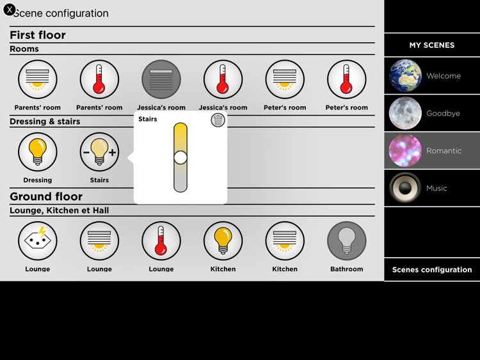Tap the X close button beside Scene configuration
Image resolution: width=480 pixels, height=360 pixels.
pos(10,10)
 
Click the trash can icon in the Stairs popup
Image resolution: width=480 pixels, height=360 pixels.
pos(218,120)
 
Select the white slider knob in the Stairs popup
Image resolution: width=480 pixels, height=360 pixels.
pos(180,157)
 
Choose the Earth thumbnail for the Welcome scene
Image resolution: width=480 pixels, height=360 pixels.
pos(405,76)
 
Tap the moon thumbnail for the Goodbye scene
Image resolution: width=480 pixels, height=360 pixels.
pos(405,113)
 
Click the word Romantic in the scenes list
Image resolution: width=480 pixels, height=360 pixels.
pos(444,151)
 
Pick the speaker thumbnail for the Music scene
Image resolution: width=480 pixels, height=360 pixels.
pos(405,188)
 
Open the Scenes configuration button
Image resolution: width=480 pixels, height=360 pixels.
pos(432,269)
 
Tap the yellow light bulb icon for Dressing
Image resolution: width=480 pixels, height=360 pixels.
pos(38,152)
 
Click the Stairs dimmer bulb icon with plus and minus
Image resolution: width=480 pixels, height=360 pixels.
pos(99,152)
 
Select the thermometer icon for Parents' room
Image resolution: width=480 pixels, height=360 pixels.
pos(99,80)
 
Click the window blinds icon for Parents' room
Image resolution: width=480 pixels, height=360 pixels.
pos(38,80)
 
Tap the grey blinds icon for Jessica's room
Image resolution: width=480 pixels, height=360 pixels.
pos(161,80)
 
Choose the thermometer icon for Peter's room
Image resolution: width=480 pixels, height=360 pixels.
pos(347,80)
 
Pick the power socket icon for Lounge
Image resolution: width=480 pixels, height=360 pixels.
pos(38,241)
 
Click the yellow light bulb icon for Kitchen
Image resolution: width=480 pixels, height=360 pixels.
pos(223,241)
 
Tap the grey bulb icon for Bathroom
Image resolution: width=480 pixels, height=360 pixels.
pos(347,241)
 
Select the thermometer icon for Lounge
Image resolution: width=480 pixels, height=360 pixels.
pos(161,241)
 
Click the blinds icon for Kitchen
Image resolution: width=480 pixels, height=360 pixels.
pos(285,241)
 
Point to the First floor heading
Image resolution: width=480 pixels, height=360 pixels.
pos(38,35)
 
